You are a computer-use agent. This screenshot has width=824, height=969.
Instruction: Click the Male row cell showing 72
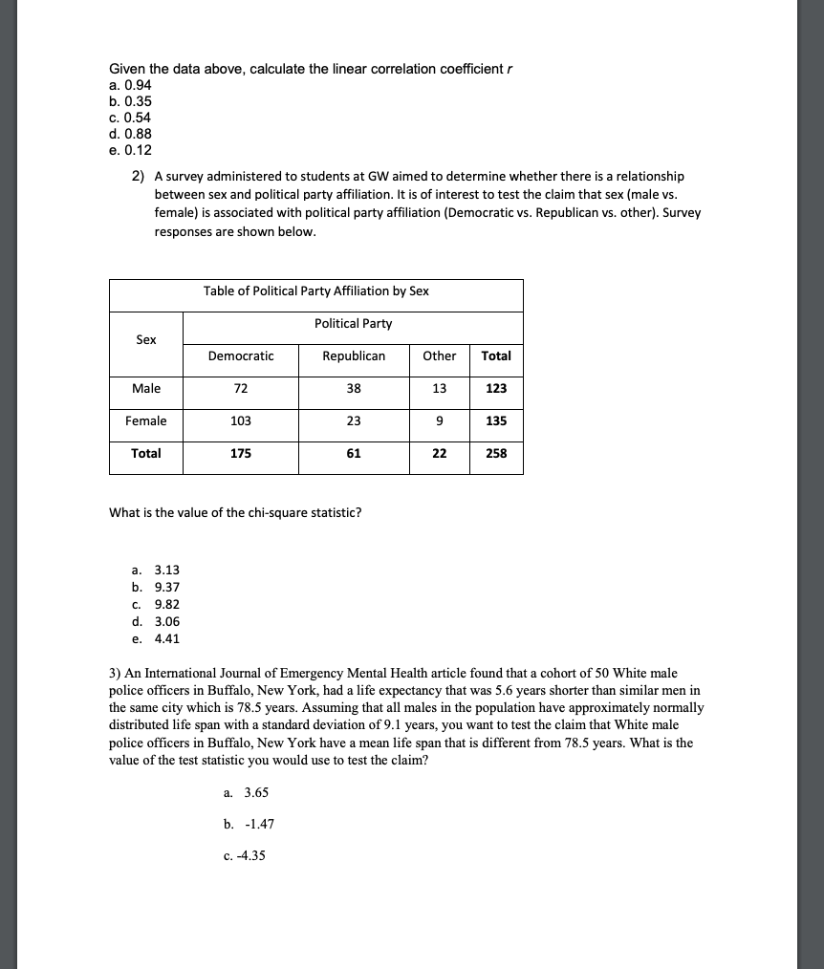coord(240,389)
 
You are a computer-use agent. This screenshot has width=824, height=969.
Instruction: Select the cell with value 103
coord(240,421)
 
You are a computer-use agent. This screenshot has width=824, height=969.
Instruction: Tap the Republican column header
coord(354,356)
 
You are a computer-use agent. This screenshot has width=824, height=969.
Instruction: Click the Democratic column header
coord(240,356)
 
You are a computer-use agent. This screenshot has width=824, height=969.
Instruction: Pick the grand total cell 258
coord(496,454)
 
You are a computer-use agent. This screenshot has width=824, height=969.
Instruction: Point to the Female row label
coord(146,421)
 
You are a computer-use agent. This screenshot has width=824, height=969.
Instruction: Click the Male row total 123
coord(496,389)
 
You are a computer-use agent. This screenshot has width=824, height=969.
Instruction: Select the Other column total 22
coord(439,454)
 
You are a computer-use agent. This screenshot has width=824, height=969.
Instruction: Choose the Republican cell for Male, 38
coord(354,389)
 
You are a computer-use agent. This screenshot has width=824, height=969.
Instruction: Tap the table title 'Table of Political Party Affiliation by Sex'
coord(316,291)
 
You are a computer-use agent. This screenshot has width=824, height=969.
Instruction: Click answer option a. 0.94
coord(130,85)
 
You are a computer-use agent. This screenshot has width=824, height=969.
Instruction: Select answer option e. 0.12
coord(130,150)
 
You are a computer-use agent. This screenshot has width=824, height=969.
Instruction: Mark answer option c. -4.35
coord(244,855)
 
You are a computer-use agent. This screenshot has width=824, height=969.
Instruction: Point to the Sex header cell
coord(146,340)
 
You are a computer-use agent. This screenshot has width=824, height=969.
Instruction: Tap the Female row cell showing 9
coord(439,421)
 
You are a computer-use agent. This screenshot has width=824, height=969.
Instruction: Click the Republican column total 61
coord(354,454)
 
